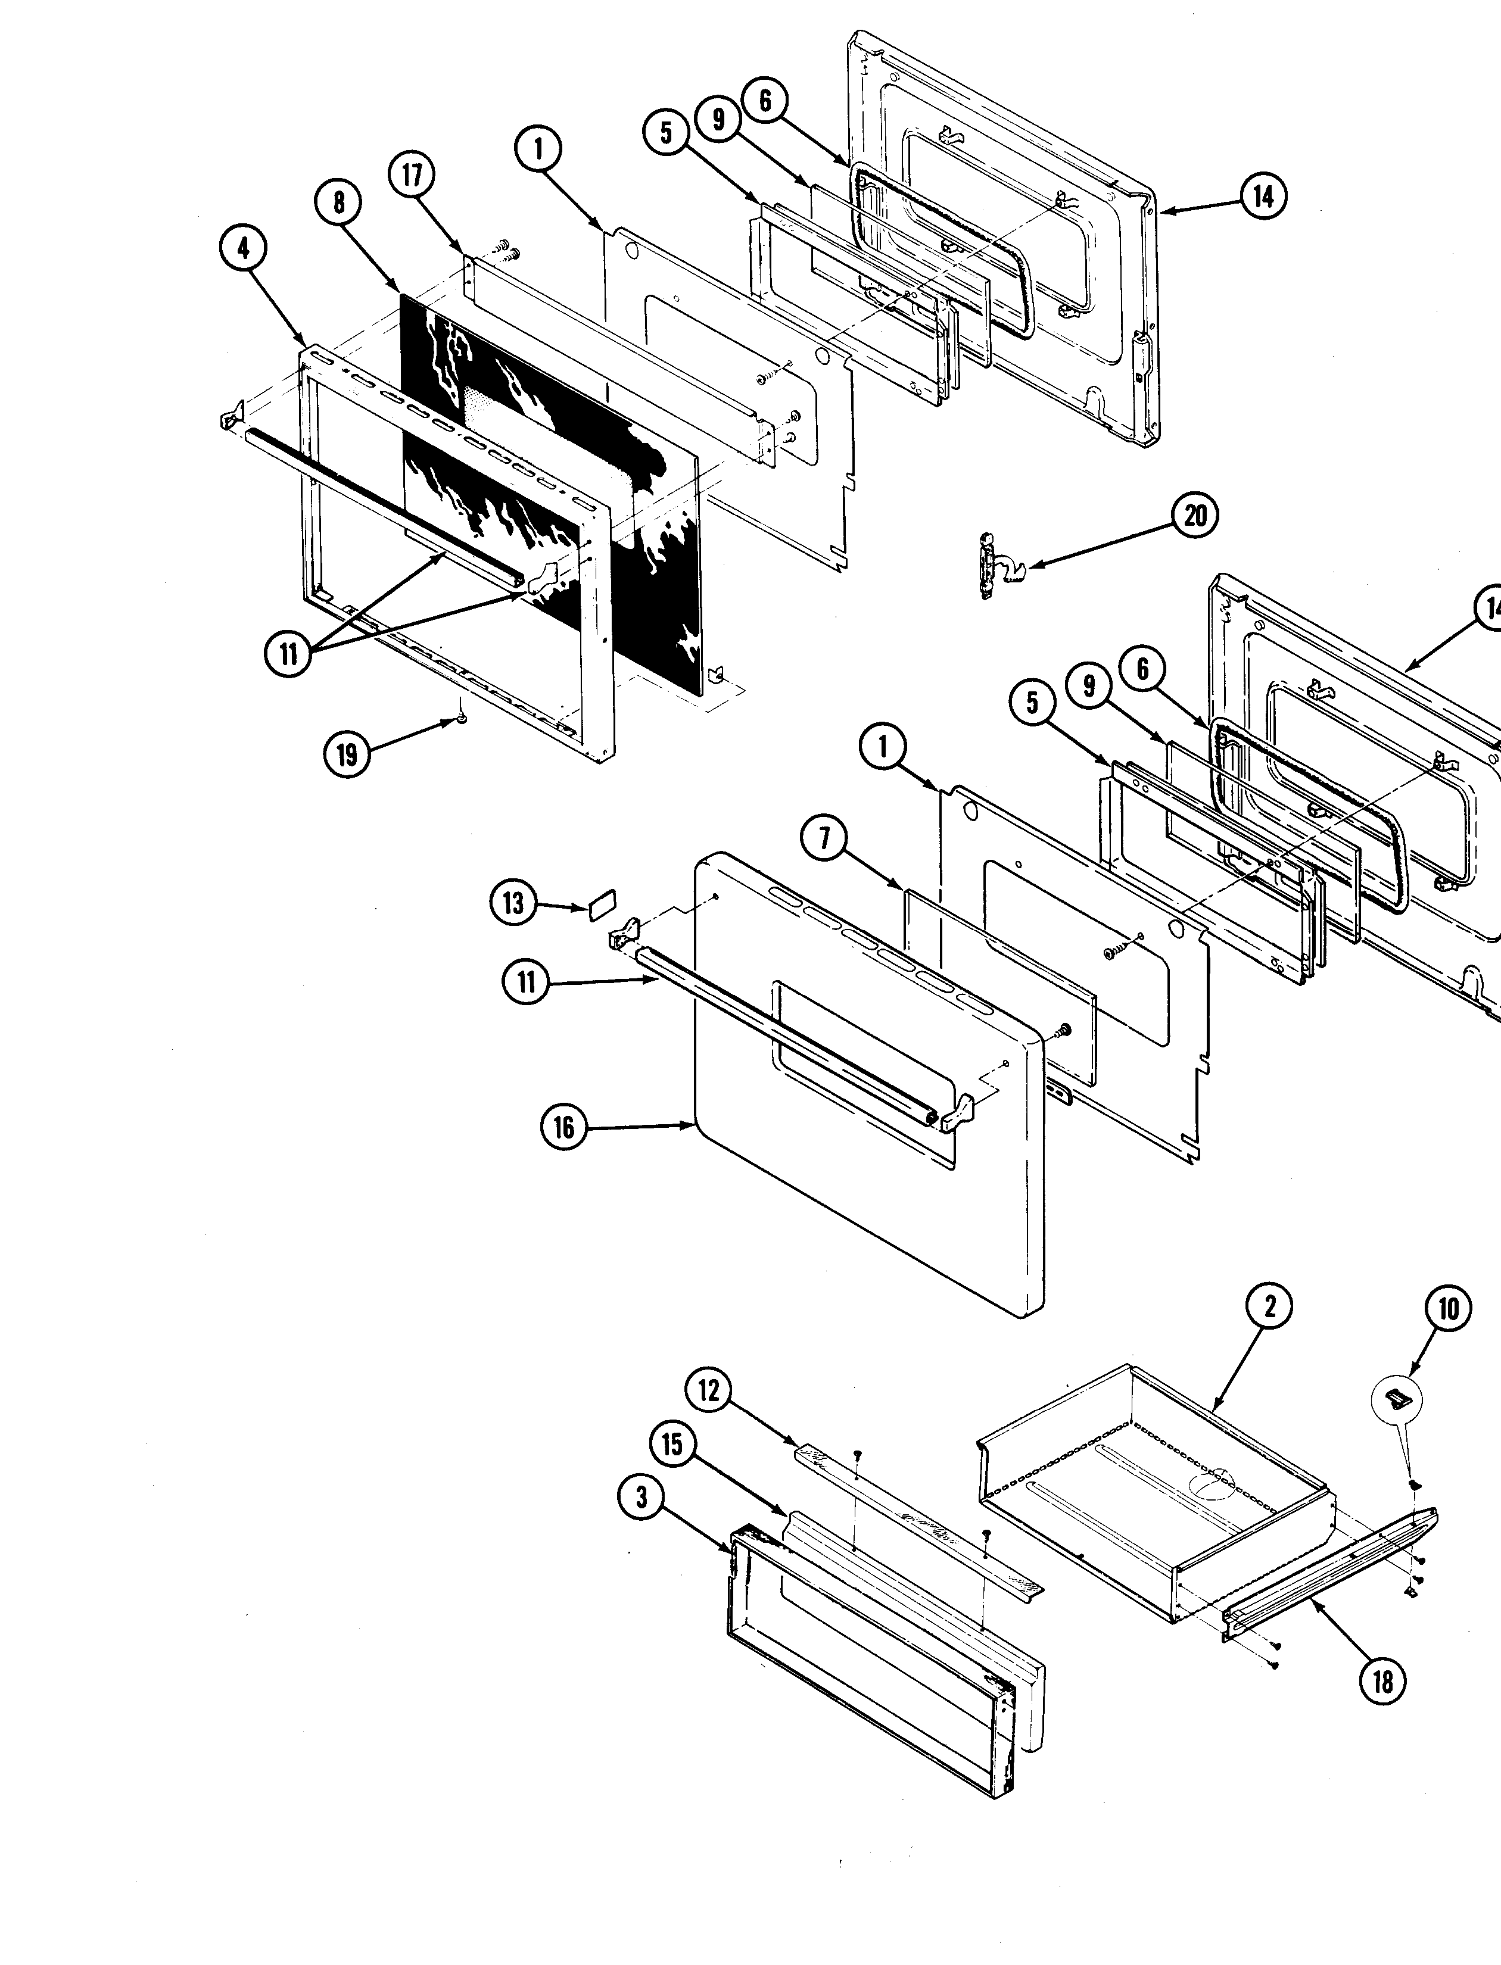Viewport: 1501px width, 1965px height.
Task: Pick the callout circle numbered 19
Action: pos(347,755)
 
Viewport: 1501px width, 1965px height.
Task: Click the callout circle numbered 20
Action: pos(1195,516)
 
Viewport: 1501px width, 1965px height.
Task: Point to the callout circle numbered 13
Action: pos(513,903)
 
